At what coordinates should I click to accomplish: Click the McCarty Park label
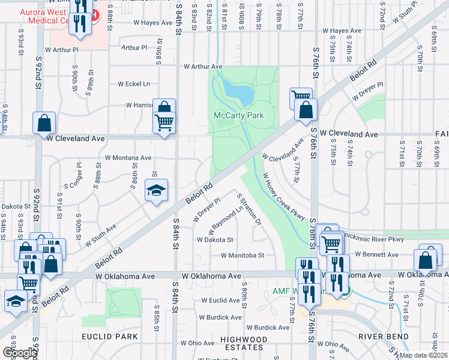coord(239,115)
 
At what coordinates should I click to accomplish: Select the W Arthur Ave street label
coord(203,67)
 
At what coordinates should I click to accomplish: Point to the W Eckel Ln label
coord(134,84)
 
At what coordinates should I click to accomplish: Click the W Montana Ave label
coord(128,158)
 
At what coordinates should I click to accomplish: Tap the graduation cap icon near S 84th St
coord(156,191)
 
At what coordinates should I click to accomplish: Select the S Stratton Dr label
coord(250,209)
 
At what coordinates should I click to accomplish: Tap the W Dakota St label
coord(215,239)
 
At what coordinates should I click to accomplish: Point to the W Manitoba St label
coord(243,255)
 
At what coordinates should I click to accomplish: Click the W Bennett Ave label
coord(376,255)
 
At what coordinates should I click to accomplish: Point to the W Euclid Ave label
coord(220,300)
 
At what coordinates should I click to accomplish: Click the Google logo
coord(19,353)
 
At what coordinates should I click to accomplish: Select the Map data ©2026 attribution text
coord(423,355)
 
